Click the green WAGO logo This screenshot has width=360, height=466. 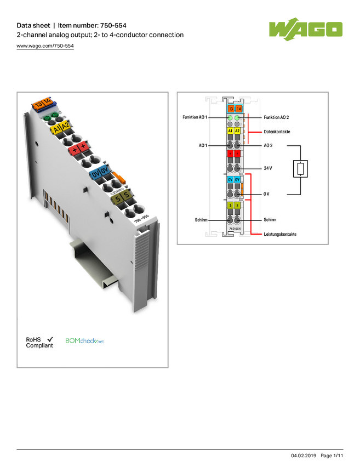click(x=306, y=29)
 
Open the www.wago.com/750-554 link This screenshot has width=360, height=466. click(x=45, y=46)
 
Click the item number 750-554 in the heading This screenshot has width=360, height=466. click(x=113, y=26)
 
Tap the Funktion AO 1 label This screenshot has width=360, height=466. click(x=195, y=117)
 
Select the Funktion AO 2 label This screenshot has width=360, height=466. click(x=276, y=117)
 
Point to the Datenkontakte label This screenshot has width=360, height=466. click(x=277, y=132)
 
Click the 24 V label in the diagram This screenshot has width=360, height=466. click(x=267, y=168)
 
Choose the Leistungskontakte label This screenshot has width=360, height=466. click(x=280, y=234)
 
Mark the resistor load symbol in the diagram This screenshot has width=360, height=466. click(x=300, y=169)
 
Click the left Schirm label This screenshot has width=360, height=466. click(x=201, y=220)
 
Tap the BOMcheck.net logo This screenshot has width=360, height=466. click(x=84, y=341)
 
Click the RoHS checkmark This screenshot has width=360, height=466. click(x=50, y=339)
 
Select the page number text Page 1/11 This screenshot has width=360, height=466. click(x=332, y=456)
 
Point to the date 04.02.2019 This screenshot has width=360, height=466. click(x=304, y=456)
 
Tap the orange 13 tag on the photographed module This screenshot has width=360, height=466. click(x=38, y=105)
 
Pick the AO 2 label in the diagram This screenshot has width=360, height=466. click(x=268, y=145)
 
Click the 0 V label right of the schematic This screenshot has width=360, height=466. click(x=266, y=194)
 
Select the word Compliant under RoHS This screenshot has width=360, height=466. click(x=39, y=345)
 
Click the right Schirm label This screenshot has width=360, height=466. click(x=270, y=220)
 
